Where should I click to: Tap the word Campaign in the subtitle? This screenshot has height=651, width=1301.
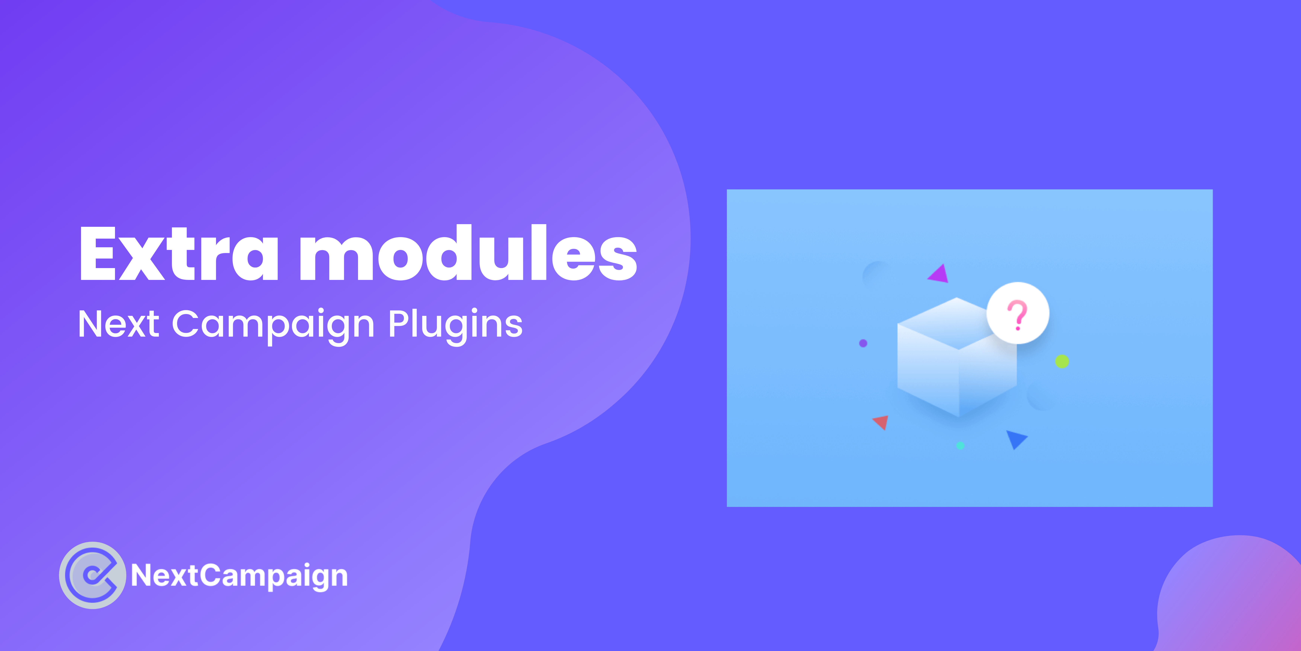(273, 326)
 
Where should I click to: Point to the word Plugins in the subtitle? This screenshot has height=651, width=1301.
(455, 326)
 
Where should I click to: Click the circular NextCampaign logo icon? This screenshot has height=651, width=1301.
(92, 575)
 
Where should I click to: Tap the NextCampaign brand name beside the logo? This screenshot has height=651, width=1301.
(239, 576)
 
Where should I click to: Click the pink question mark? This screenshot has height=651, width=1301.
(1017, 315)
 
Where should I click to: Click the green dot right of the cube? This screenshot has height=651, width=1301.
(1062, 361)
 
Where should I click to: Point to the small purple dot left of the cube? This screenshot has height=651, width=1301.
(863, 343)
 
